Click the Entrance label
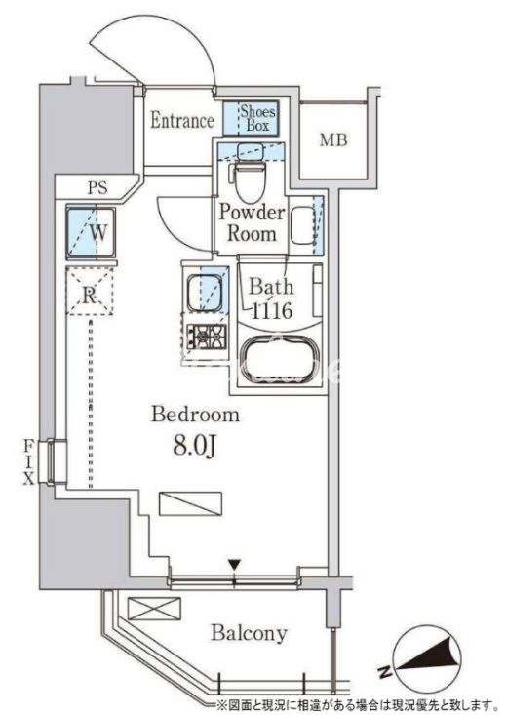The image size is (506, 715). click(182, 120)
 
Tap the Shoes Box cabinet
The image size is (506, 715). click(251, 118)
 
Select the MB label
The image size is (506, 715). click(333, 140)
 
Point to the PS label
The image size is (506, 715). click(97, 187)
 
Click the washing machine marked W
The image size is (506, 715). click(91, 232)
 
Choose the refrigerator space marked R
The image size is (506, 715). click(90, 291)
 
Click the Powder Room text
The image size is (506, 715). click(252, 223)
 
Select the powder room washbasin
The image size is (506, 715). click(302, 225)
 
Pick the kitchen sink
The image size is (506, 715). click(204, 294)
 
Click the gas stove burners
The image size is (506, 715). click(207, 337)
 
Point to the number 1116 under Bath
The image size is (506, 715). click(272, 311)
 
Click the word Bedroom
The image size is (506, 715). click(195, 415)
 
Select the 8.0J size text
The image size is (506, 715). click(194, 447)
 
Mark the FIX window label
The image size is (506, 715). click(29, 461)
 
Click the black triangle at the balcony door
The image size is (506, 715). click(234, 565)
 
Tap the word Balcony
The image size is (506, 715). click(249, 633)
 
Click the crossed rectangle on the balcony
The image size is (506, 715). click(154, 609)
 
